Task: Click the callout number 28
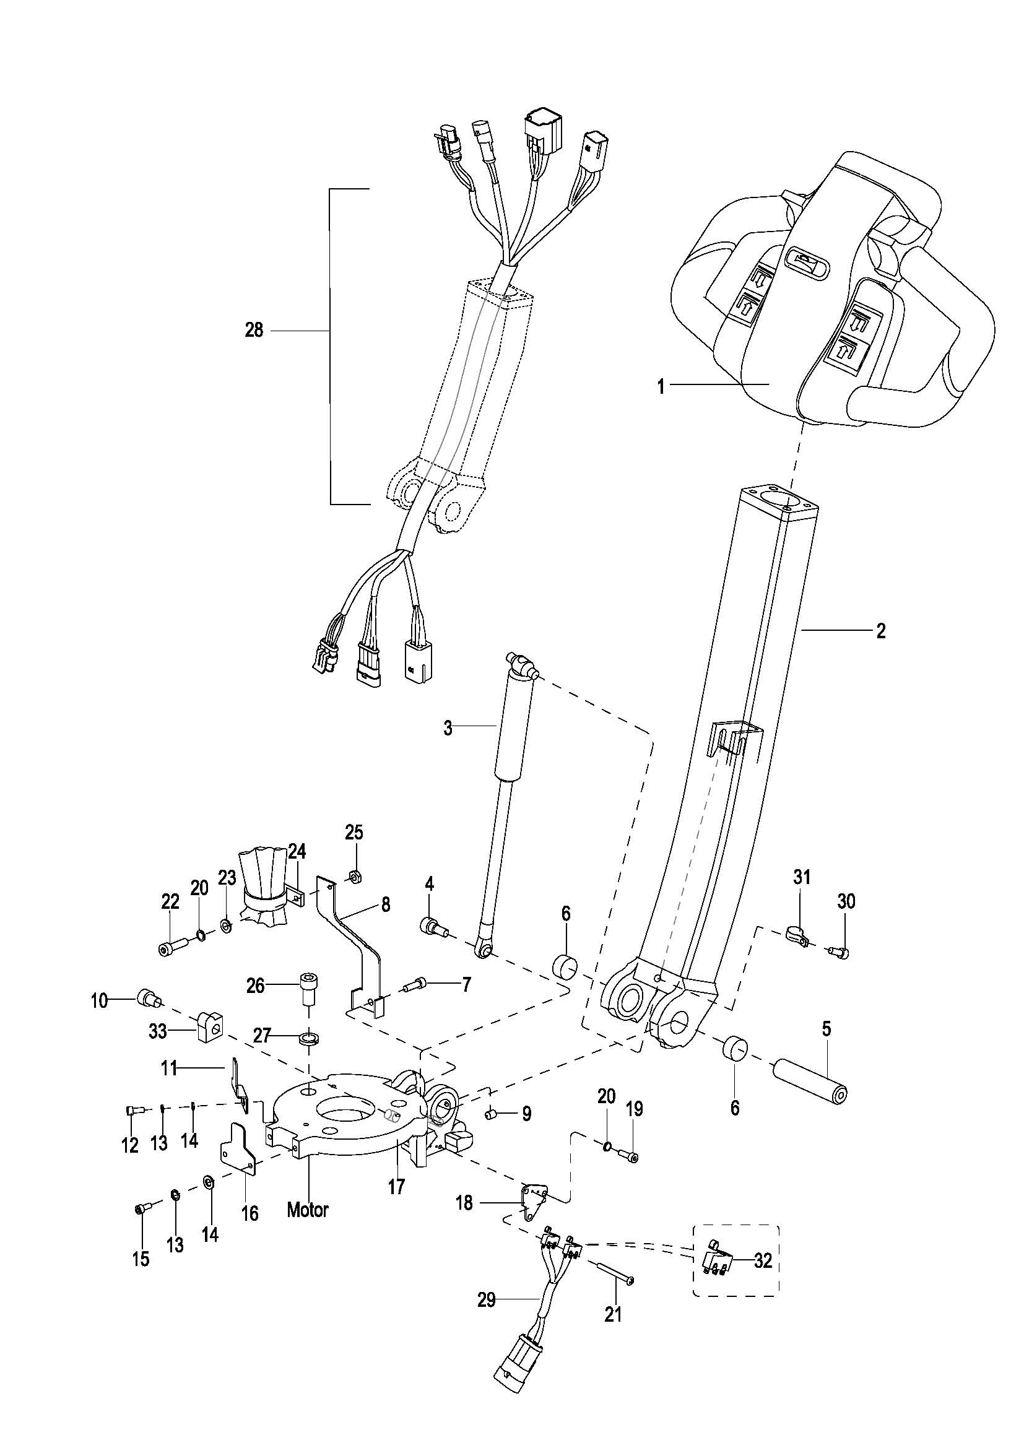point(253,330)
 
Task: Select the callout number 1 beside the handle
point(661,386)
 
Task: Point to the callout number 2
point(881,631)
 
